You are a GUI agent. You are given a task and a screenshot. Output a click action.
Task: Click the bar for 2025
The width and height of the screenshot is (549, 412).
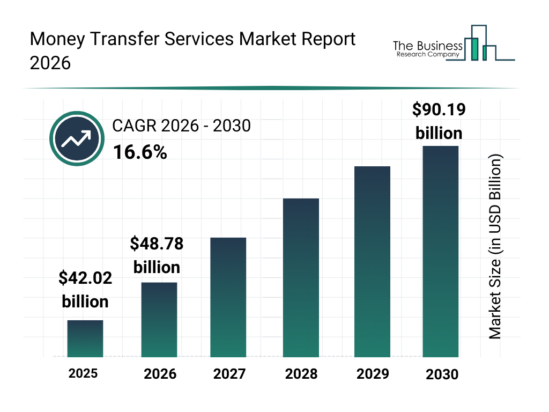point(85,339)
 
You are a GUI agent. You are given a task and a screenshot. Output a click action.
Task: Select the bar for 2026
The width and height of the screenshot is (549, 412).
point(159,320)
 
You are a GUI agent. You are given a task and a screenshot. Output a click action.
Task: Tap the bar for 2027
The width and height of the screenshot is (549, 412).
point(228,297)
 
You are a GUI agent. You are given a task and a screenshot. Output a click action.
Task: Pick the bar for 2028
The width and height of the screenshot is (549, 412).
point(301,278)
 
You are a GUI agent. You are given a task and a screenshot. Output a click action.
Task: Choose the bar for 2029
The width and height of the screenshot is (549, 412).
point(372,262)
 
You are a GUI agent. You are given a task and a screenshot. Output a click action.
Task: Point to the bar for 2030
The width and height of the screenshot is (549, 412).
point(441,251)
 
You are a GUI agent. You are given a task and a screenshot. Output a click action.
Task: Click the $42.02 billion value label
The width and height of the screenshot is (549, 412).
point(85,290)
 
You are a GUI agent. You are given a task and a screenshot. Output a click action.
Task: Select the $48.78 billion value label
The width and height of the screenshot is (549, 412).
point(157,255)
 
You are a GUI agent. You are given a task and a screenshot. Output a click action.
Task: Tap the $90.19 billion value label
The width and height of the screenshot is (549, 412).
point(439,121)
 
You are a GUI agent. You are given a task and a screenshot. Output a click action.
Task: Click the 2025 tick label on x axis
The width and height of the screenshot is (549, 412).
point(83,373)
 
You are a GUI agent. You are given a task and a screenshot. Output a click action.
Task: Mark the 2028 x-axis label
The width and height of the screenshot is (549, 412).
point(301,373)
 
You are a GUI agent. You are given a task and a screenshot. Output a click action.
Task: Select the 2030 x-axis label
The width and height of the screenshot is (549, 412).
point(442,374)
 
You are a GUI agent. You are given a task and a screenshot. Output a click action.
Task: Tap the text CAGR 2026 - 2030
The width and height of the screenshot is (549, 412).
point(181,126)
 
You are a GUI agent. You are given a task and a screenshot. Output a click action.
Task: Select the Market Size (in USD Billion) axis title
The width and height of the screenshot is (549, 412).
point(495,247)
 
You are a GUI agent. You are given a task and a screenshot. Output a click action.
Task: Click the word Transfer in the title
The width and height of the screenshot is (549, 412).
point(125,40)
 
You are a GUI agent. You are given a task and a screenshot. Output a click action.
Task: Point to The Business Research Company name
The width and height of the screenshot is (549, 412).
point(427,49)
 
